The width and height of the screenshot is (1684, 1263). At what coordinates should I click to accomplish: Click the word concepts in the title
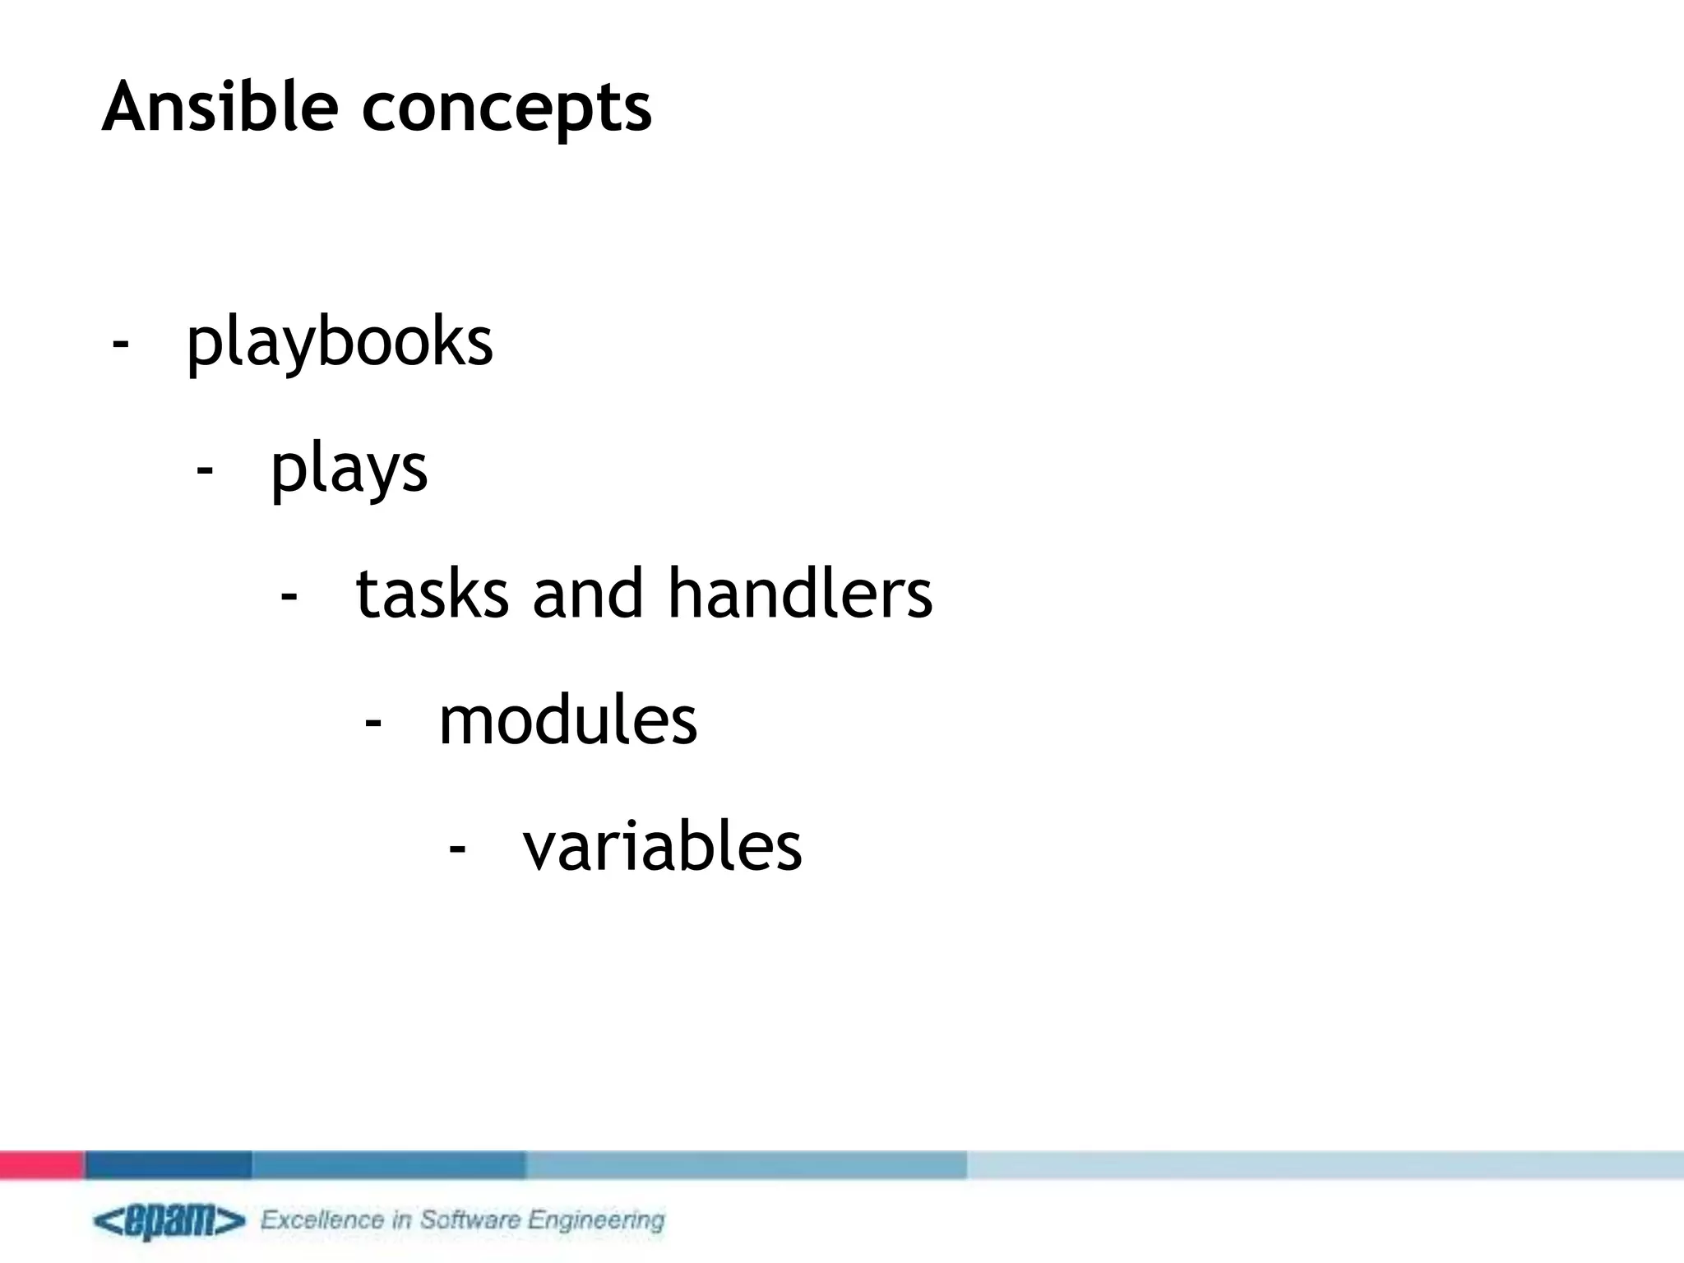507,109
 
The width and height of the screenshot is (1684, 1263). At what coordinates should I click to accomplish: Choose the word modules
568,720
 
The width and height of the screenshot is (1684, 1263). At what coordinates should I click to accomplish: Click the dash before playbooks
121,343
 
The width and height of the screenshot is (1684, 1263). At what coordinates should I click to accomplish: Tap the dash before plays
205,470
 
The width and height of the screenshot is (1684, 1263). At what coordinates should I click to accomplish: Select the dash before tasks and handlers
289,595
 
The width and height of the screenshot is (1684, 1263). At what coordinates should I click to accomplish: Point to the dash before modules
373,722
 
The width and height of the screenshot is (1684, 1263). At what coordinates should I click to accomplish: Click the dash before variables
457,848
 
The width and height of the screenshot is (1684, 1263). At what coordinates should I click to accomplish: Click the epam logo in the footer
169,1221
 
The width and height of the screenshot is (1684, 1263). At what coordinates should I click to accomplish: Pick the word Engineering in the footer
596,1221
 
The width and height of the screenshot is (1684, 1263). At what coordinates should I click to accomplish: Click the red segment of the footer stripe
41,1164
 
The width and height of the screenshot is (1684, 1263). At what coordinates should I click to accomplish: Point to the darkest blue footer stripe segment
169,1164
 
